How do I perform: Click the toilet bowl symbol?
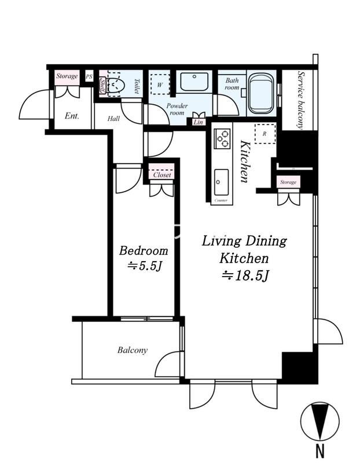pyautogui.click(x=116, y=86)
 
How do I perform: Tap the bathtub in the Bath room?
pyautogui.click(x=261, y=94)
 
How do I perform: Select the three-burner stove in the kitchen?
pyautogui.click(x=222, y=138)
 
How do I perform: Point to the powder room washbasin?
pyautogui.click(x=194, y=82)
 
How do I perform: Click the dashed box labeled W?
pyautogui.click(x=160, y=84)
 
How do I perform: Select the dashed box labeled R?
pyautogui.click(x=265, y=134)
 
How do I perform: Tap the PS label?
pyautogui.click(x=89, y=77)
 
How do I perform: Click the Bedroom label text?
pyautogui.click(x=144, y=251)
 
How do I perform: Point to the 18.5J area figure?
pyautogui.click(x=245, y=276)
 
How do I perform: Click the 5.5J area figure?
pyautogui.click(x=145, y=266)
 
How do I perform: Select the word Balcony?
pyautogui.click(x=133, y=350)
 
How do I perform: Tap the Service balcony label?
pyautogui.click(x=300, y=100)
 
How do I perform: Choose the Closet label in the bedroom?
pyautogui.click(x=162, y=175)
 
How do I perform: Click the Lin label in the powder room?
pyautogui.click(x=198, y=122)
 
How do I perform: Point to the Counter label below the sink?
pyautogui.click(x=221, y=200)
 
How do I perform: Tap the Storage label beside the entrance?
pyautogui.click(x=67, y=76)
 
